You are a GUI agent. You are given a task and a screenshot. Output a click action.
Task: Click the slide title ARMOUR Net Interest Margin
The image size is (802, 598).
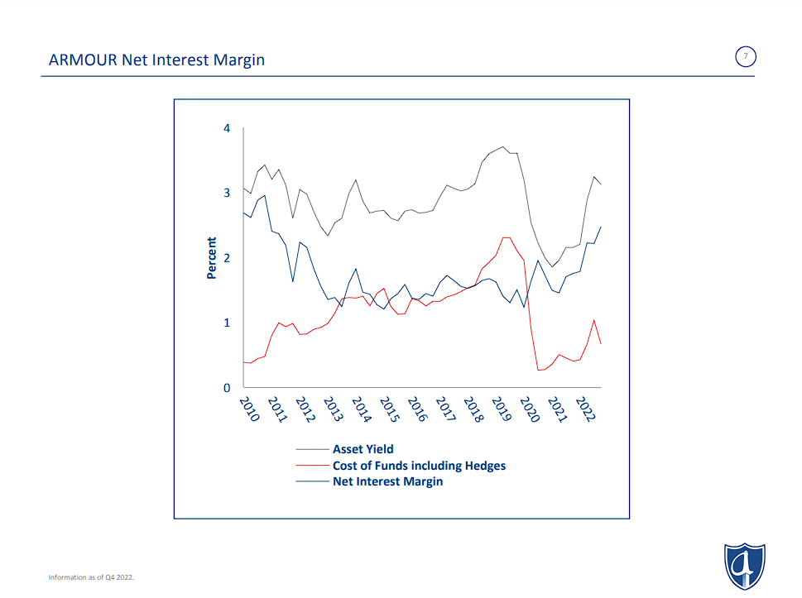pyautogui.click(x=156, y=60)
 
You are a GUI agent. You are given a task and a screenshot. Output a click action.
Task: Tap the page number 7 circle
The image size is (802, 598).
pyautogui.click(x=745, y=56)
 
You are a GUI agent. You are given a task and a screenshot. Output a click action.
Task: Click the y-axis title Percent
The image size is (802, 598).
pyautogui.click(x=212, y=258)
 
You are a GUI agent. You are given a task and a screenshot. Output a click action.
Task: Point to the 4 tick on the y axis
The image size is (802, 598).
pyautogui.click(x=226, y=128)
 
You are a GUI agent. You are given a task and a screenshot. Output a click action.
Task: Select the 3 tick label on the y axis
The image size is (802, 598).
pyautogui.click(x=226, y=193)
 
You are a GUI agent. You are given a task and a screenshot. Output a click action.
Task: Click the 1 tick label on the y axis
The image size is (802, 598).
pyautogui.click(x=226, y=323)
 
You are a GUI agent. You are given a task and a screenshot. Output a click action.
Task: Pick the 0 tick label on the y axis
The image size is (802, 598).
pyautogui.click(x=226, y=388)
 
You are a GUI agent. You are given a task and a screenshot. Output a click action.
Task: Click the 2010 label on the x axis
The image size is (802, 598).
pyautogui.click(x=249, y=409)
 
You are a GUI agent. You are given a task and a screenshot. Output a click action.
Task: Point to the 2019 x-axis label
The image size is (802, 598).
pyautogui.click(x=502, y=409)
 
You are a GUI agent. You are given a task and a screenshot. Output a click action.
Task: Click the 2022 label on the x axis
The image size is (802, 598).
pyautogui.click(x=586, y=409)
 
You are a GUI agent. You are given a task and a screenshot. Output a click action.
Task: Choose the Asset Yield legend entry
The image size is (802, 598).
pyautogui.click(x=363, y=449)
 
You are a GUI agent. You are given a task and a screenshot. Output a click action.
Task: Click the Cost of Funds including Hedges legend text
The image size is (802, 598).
pyautogui.click(x=419, y=466)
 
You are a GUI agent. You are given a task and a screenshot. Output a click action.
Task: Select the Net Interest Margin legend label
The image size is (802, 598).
pyautogui.click(x=387, y=481)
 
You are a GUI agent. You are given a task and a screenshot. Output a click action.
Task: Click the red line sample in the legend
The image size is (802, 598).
pyautogui.click(x=312, y=466)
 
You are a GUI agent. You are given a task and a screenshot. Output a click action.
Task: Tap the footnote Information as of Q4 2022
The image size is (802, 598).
pyautogui.click(x=91, y=576)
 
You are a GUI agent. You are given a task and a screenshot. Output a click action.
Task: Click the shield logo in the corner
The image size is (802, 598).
pyautogui.click(x=744, y=567)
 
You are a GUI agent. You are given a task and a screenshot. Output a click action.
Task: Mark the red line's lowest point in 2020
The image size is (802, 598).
pyautogui.click(x=539, y=370)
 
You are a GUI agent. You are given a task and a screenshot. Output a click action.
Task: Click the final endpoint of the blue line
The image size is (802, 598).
pyautogui.click(x=600, y=227)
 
